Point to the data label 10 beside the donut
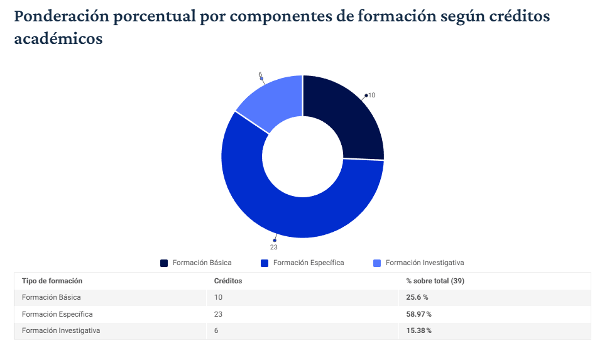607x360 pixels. [x=371, y=95]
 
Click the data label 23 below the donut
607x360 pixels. [x=274, y=247]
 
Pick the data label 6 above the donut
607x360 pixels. [x=260, y=75]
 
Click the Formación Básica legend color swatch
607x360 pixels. [x=165, y=263]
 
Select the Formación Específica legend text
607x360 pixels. [x=309, y=263]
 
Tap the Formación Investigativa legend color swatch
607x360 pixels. [x=377, y=263]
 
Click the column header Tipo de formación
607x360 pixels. [x=52, y=281]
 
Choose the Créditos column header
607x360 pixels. [x=228, y=281]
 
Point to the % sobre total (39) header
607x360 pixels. [x=435, y=281]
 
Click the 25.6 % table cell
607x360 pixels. [x=417, y=297]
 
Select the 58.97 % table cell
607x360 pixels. [x=418, y=314]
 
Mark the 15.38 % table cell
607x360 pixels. [x=418, y=330]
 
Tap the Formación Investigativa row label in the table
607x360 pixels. [x=61, y=330]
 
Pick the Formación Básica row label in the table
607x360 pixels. [x=52, y=297]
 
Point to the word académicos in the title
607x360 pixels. [x=58, y=39]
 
